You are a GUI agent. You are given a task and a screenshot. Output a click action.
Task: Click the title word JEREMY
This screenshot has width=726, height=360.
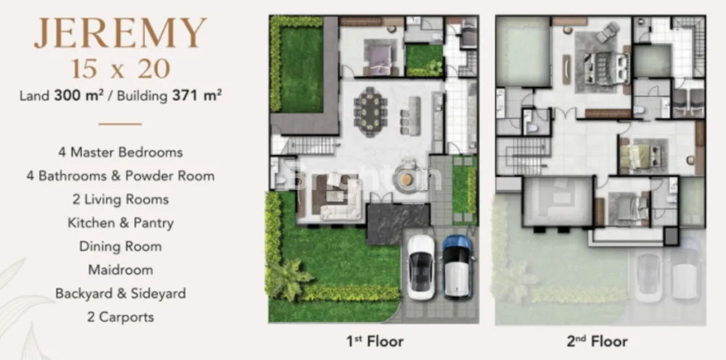[121, 33]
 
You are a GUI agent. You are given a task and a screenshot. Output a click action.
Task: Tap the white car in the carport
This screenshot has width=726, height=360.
[420, 267]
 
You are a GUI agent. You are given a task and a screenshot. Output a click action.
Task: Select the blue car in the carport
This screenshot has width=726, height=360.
[457, 266]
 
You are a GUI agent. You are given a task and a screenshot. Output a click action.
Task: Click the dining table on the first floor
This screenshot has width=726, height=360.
[370, 112]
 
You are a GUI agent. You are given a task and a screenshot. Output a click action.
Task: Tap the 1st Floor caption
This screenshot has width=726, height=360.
[375, 341]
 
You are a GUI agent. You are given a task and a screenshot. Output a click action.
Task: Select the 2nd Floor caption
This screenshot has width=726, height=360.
[597, 341]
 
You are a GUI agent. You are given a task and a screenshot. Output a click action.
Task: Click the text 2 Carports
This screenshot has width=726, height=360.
[121, 317]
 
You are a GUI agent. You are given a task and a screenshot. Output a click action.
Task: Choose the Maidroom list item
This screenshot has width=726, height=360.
[121, 270]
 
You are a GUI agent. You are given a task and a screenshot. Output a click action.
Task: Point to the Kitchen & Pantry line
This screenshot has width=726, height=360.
[121, 223]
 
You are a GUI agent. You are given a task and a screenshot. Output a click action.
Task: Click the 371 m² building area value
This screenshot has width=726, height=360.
[197, 95]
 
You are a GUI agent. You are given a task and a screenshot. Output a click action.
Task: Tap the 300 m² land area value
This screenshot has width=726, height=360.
[78, 95]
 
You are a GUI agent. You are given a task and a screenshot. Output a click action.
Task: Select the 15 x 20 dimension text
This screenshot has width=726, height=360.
[121, 70]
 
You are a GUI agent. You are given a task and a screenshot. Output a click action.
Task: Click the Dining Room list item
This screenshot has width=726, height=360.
[121, 246]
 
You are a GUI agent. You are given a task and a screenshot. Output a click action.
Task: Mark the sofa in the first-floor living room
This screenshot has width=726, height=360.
[340, 204]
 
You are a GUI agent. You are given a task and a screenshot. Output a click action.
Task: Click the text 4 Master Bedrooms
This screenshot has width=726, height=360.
[121, 152]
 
